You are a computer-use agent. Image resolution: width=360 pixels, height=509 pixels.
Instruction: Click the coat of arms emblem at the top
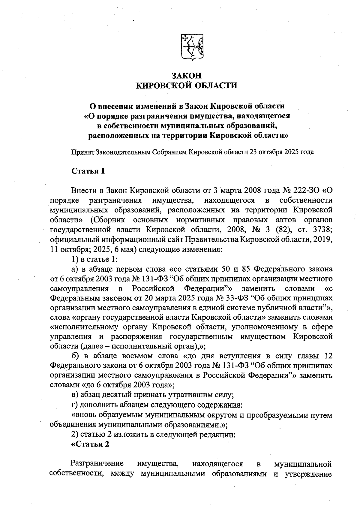(192, 47)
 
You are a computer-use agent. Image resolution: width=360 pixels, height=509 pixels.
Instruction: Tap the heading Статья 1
(88, 171)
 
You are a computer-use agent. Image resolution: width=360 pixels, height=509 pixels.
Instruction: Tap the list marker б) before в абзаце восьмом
(75, 356)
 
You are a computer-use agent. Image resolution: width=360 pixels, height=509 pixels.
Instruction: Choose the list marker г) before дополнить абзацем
(75, 405)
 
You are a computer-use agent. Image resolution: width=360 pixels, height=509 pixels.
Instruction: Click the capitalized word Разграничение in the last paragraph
(97, 464)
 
